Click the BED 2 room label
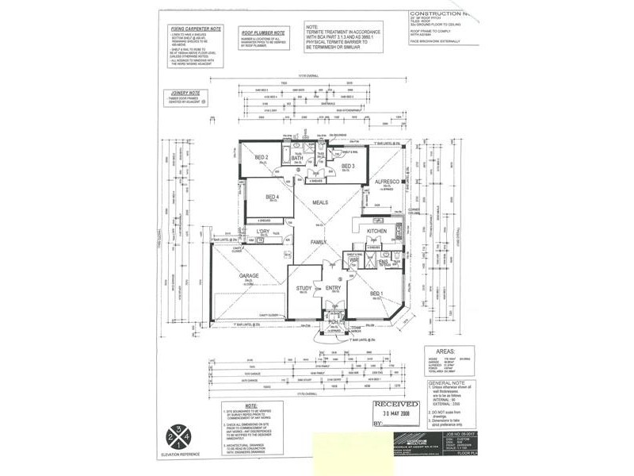point(262,159)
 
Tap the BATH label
point(297,159)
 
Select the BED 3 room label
point(348,166)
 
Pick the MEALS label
point(319,203)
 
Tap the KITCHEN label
point(376,230)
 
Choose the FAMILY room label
point(319,241)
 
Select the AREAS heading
point(438,348)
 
